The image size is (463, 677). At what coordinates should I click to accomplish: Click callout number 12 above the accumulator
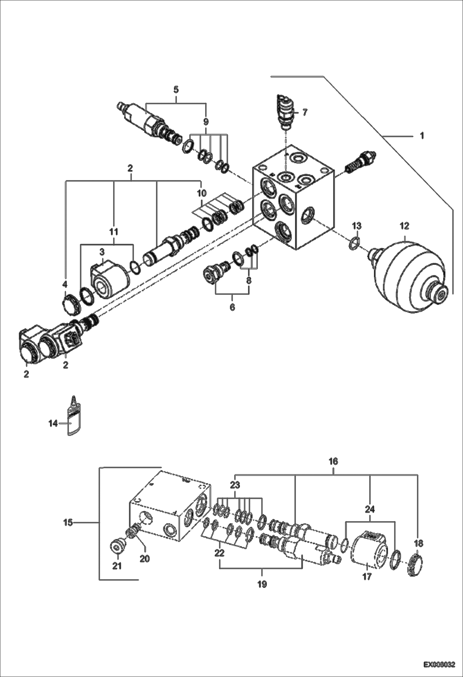(404, 226)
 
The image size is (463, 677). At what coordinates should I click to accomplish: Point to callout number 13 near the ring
(357, 226)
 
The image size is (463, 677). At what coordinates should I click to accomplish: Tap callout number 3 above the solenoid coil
(102, 252)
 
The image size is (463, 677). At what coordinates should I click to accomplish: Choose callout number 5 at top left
(176, 90)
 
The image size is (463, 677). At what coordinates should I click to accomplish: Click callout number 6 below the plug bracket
(232, 307)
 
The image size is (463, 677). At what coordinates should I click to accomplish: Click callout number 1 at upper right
(422, 136)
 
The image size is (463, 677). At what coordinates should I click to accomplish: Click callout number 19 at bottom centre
(262, 584)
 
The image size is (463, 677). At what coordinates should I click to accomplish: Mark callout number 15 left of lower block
(68, 523)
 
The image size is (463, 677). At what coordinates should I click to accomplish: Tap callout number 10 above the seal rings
(202, 194)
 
